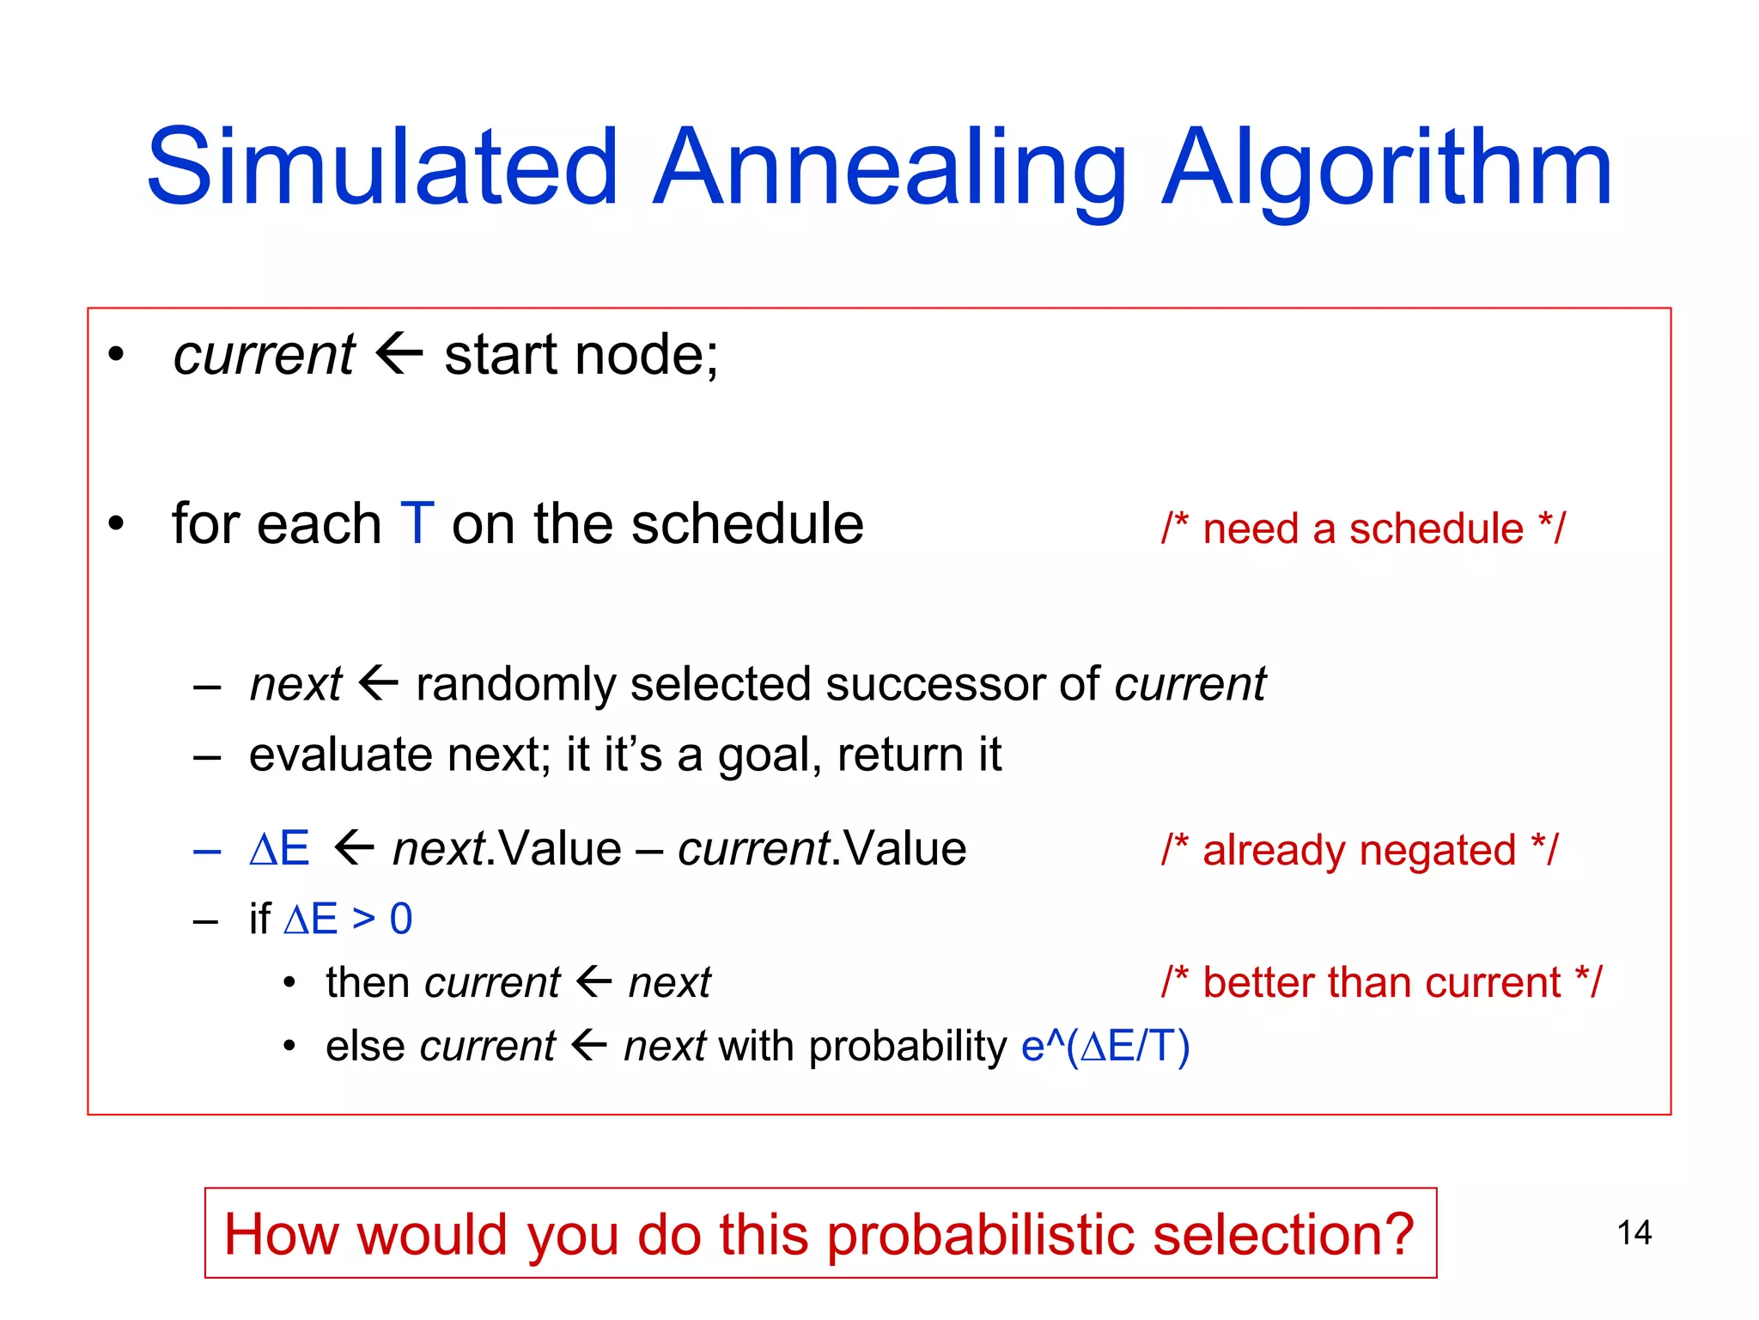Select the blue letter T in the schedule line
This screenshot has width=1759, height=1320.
point(417,523)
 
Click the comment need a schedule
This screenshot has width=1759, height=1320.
point(1363,529)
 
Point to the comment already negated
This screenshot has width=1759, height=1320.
point(1359,850)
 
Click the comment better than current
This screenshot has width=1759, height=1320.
point(1381,982)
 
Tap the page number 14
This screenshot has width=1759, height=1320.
point(1634,1233)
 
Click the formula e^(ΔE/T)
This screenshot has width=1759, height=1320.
point(1105,1046)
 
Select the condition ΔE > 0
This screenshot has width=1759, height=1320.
point(348,919)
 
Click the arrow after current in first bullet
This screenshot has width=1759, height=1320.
point(399,353)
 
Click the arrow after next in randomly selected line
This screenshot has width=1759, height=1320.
point(379,684)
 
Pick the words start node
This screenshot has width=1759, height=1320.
point(581,355)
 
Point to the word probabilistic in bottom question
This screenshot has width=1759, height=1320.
point(982,1234)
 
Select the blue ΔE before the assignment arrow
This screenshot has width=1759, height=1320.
point(279,849)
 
